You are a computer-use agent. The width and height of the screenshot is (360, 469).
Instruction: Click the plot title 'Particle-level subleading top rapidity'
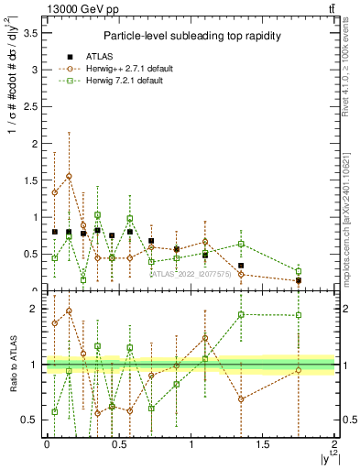tap(191, 36)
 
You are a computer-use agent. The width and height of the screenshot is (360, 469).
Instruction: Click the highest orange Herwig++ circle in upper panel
tap(69, 176)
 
